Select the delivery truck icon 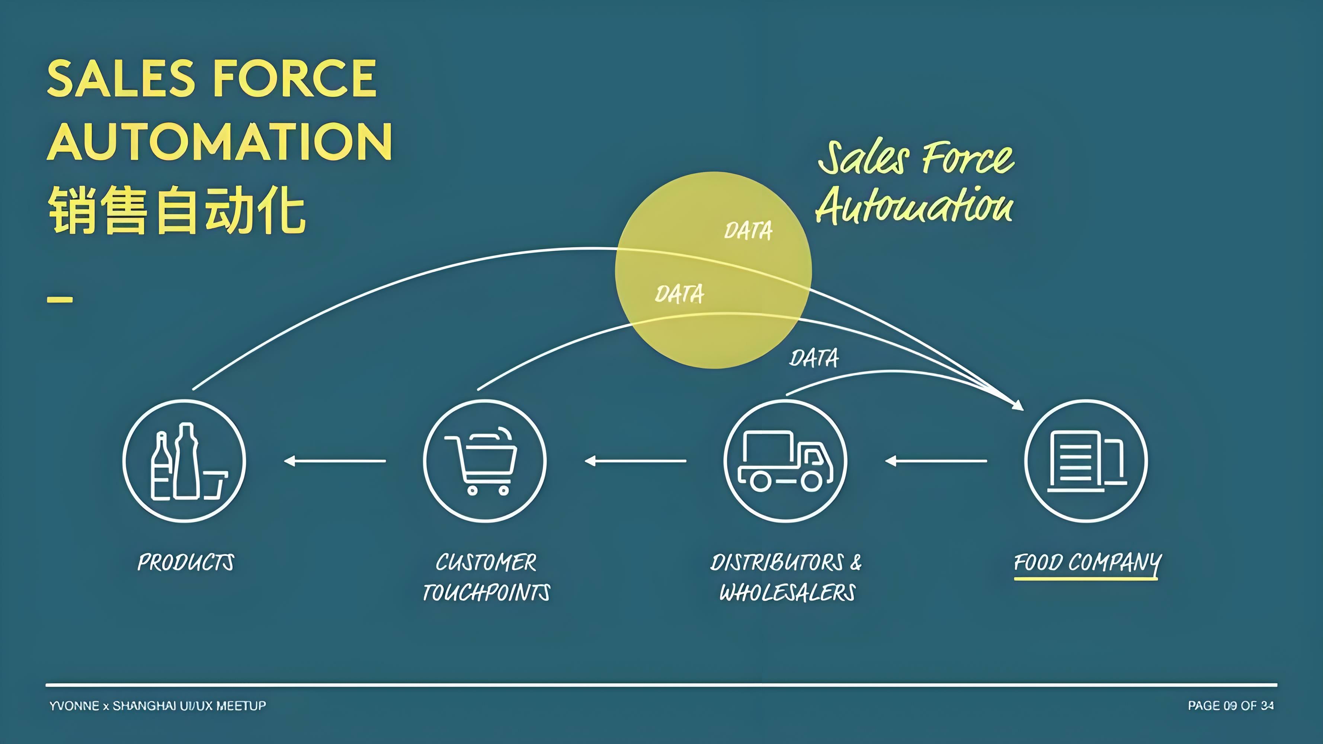pos(785,461)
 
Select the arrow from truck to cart pos(636,461)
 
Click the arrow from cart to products pos(335,461)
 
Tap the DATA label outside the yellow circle pos(814,358)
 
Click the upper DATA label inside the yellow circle pos(748,231)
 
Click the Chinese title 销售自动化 pos(177,210)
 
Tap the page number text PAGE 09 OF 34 pos(1231,705)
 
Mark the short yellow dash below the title pos(60,299)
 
